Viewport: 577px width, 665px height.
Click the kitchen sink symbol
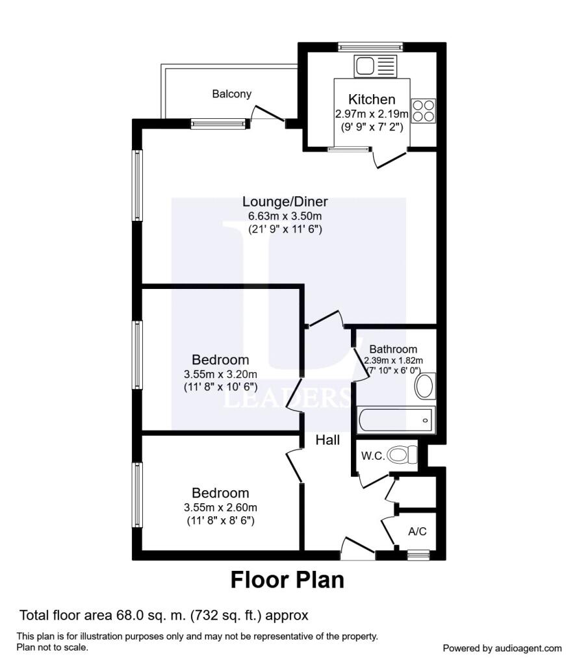375,66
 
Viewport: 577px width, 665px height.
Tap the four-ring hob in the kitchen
424,110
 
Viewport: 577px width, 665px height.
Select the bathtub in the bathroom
396,420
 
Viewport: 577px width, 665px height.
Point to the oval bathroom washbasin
425,386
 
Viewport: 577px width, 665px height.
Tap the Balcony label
232,94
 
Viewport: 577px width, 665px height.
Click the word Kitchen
372,99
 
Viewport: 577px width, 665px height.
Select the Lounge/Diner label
285,201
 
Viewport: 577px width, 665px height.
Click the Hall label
327,440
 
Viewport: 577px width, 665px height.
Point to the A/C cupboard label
417,531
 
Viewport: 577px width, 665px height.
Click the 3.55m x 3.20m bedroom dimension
221,375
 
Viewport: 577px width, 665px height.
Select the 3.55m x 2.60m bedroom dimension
221,508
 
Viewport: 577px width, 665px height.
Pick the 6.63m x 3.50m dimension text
285,216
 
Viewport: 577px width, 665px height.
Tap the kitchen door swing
389,158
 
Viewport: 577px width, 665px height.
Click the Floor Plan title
287,580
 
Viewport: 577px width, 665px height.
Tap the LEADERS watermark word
287,399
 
